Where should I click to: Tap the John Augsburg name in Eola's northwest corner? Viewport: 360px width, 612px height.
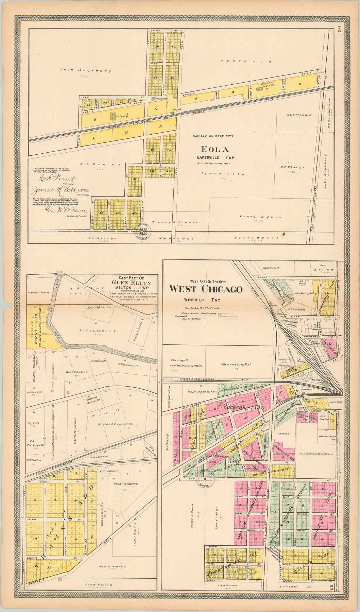(x=76, y=70)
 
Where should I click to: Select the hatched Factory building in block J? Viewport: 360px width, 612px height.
(x=114, y=116)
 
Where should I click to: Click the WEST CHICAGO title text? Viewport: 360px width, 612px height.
(x=206, y=289)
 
